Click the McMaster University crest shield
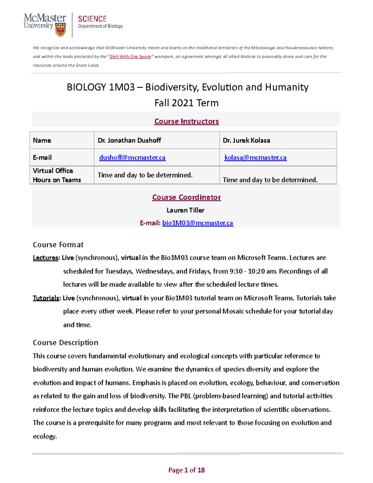[60, 30]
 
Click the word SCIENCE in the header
[92, 19]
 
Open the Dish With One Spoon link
[130, 57]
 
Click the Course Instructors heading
[186, 121]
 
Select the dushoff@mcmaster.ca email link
[132, 158]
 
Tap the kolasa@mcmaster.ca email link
[255, 158]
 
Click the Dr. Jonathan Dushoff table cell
[129, 140]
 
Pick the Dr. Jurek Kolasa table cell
[246, 140]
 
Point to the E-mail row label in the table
[42, 158]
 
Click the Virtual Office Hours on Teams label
[57, 175]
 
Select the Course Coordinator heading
[186, 197]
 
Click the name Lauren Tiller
[186, 210]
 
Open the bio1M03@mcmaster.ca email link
[198, 223]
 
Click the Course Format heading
[58, 245]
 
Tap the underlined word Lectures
[45, 258]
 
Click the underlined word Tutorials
[46, 298]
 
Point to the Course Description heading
[65, 342]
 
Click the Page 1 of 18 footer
[186, 470]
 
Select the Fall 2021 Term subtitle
[186, 103]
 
